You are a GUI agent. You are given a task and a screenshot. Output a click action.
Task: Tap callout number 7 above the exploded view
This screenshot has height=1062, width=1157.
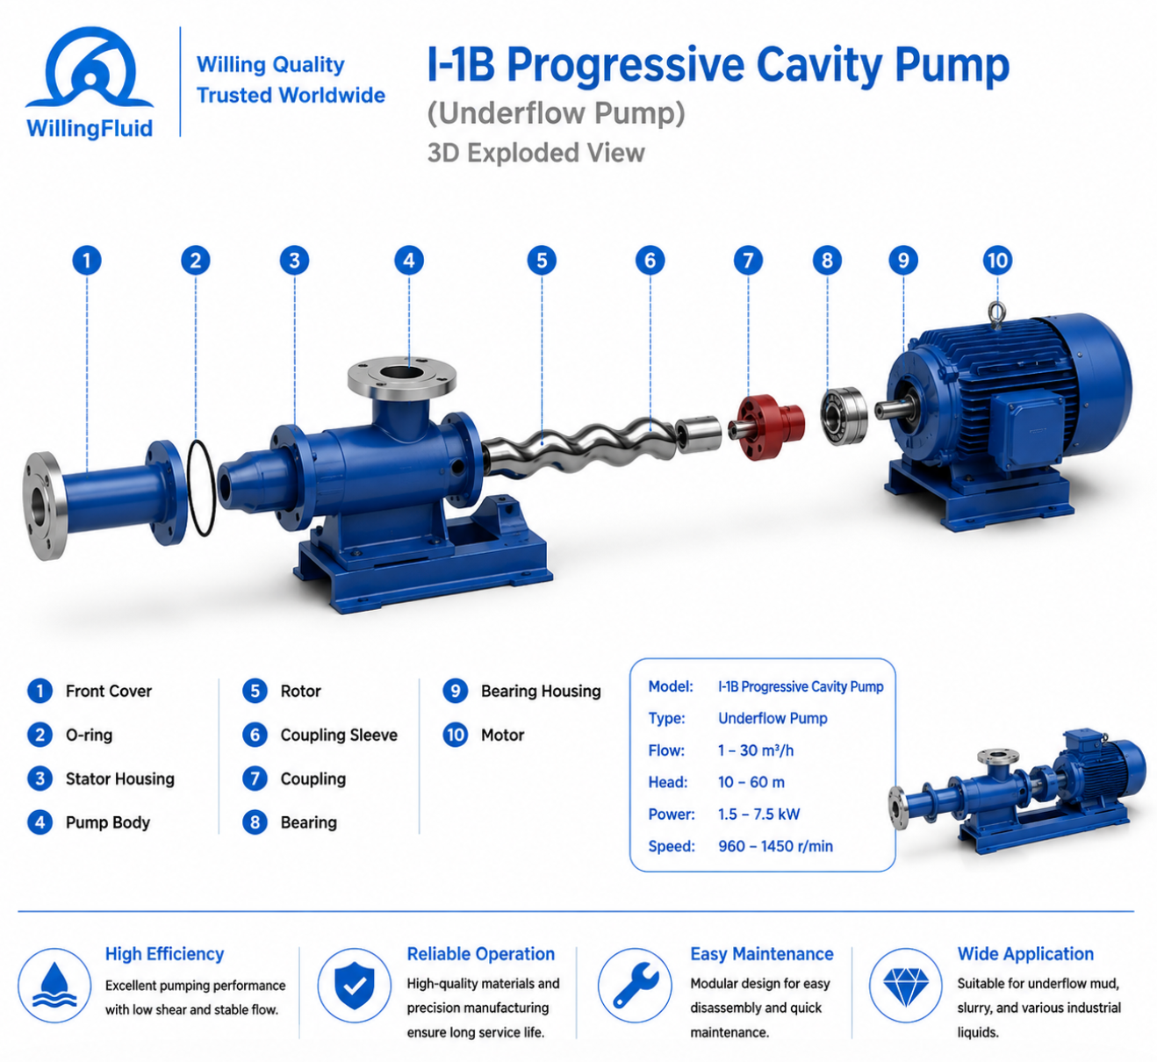[x=748, y=260]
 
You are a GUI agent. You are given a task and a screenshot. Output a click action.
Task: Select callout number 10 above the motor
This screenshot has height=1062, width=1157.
[x=997, y=260]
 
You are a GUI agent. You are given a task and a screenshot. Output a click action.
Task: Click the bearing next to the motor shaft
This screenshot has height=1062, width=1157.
[x=844, y=415]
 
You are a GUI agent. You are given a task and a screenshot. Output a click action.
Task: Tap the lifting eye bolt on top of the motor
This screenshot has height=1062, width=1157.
[x=996, y=314]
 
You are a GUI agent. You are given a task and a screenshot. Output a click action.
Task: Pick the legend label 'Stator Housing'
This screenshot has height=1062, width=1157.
[x=120, y=779]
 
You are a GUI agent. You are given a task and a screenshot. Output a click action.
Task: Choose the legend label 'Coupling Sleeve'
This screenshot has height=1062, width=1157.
[x=339, y=735]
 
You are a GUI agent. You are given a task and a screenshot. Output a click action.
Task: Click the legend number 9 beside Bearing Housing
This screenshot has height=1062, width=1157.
[x=455, y=691]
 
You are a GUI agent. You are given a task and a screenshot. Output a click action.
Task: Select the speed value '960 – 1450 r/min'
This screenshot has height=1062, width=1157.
[x=775, y=846]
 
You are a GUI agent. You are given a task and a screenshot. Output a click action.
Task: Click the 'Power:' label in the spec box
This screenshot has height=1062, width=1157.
[x=672, y=814]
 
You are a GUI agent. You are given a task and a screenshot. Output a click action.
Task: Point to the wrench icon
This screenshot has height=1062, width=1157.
[x=635, y=986]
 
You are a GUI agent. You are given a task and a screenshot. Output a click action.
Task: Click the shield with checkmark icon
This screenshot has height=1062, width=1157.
[x=354, y=986]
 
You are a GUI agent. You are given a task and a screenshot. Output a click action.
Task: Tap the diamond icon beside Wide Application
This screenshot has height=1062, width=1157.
[x=906, y=986]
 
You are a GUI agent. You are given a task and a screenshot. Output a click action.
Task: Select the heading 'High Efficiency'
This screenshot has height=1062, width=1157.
[x=164, y=954]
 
